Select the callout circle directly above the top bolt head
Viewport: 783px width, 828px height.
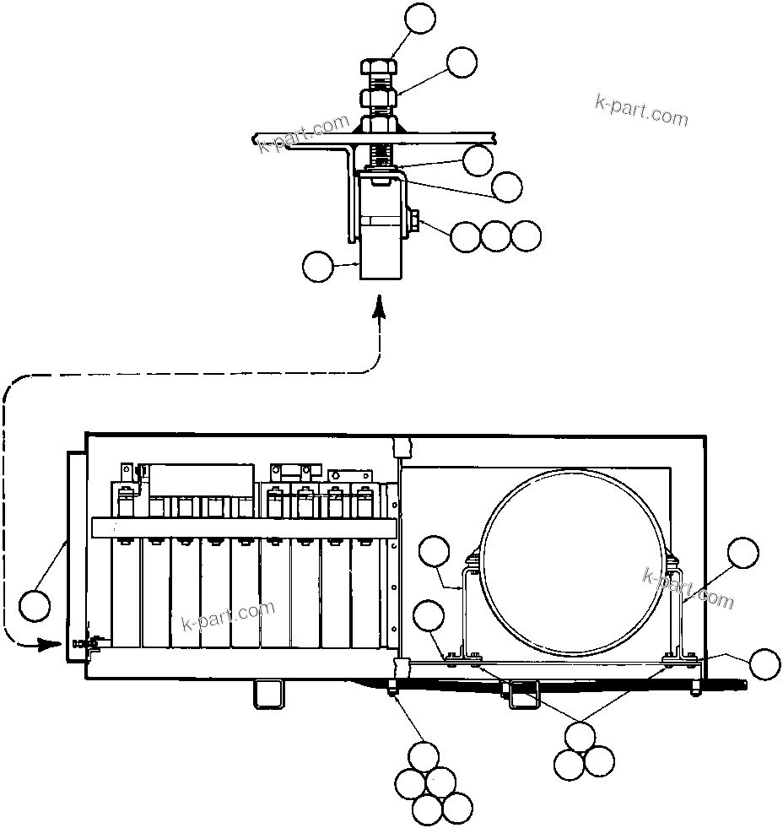[x=420, y=18]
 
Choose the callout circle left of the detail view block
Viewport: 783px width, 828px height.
[x=318, y=268]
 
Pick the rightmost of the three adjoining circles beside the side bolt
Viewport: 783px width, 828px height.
[x=526, y=235]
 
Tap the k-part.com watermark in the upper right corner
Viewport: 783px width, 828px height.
[x=642, y=109]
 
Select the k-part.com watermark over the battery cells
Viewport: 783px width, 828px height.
[x=229, y=616]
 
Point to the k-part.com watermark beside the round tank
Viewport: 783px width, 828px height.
[x=688, y=587]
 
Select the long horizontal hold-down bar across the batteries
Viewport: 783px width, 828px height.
[x=245, y=528]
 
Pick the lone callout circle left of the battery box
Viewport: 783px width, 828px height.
[x=35, y=605]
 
